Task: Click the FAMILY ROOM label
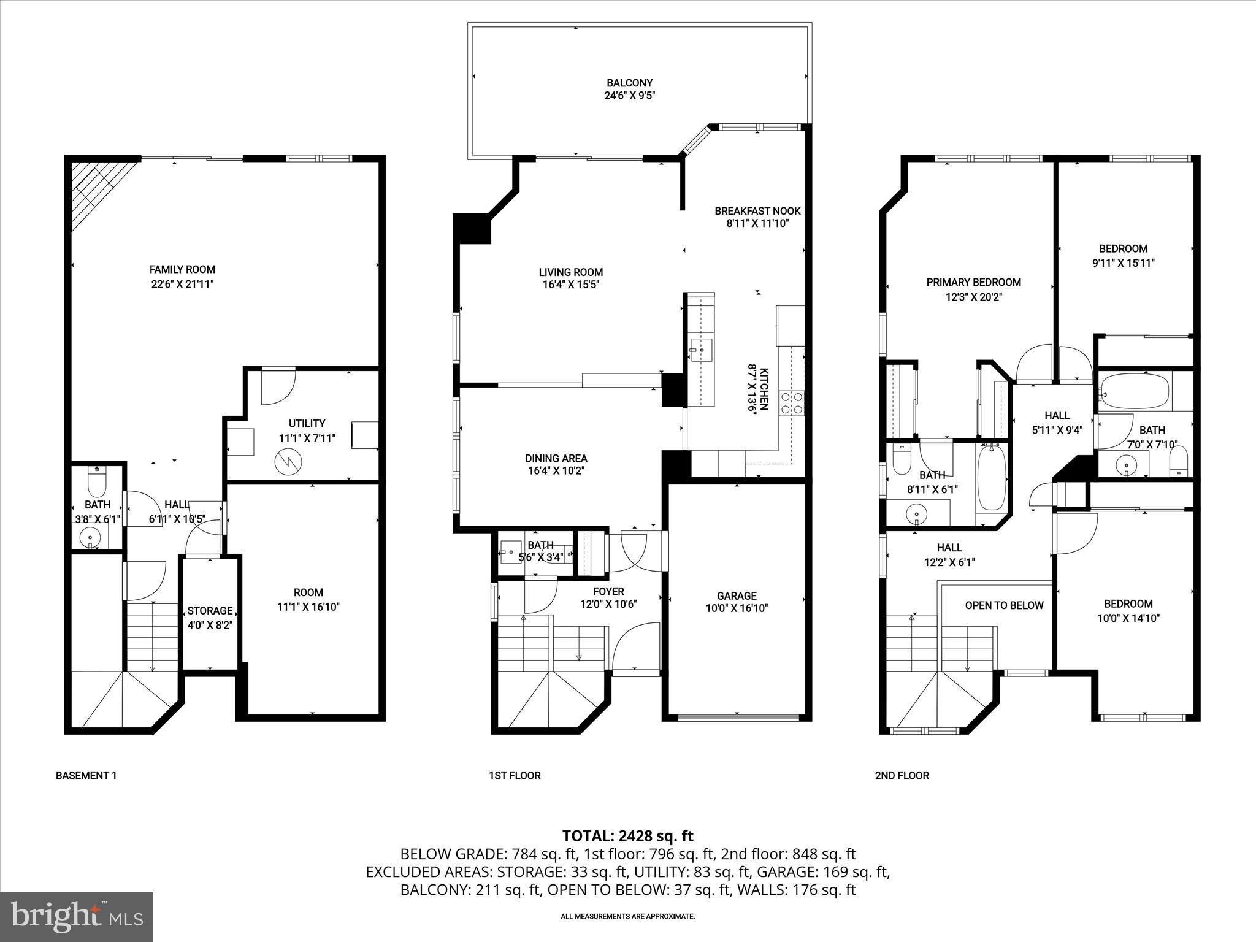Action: tap(182, 269)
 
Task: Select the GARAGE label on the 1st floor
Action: tap(737, 595)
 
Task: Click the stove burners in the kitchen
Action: tap(792, 404)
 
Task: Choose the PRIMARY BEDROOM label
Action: tap(973, 282)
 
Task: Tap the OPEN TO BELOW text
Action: tap(1004, 605)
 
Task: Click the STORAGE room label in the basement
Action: tap(210, 611)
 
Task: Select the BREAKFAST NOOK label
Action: tap(757, 211)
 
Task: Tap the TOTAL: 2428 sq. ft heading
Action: tap(627, 836)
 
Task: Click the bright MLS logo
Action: tap(77, 916)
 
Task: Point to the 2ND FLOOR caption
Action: tap(902, 775)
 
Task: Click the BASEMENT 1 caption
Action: tap(86, 775)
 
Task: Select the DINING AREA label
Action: tap(556, 458)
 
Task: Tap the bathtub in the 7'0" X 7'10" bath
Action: tap(1134, 391)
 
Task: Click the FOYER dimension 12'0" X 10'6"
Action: tap(608, 604)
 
